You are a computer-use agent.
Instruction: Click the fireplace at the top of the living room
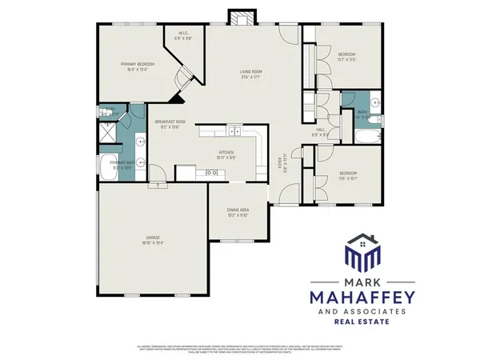coord(241,17)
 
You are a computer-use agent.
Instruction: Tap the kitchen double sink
coord(233,133)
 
